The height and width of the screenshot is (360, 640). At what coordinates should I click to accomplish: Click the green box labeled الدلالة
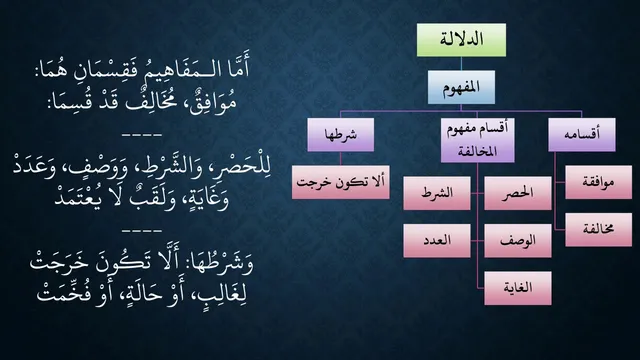461,40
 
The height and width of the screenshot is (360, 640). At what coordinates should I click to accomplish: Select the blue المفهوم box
461,87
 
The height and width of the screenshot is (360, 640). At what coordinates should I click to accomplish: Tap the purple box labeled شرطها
340,135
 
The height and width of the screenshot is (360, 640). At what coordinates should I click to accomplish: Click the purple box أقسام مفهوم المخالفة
478,140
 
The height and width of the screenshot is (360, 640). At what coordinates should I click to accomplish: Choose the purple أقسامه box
582,135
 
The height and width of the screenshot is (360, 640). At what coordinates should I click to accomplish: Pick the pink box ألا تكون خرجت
340,182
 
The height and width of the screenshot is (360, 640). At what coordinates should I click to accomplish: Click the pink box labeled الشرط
437,193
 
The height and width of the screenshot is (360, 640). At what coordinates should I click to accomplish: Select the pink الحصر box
518,193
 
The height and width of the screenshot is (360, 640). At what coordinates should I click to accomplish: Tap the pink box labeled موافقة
598,182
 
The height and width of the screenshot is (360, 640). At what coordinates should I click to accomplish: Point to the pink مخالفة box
598,229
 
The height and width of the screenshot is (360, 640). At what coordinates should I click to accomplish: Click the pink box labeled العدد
437,240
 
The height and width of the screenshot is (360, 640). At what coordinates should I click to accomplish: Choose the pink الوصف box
518,240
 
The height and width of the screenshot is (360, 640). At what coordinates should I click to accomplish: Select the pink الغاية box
518,288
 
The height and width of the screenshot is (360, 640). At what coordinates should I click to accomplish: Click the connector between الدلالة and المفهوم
461,63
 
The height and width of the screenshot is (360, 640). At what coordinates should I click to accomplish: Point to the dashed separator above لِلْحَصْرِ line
142,134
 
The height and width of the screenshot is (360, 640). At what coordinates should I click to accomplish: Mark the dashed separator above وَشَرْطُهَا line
142,231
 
